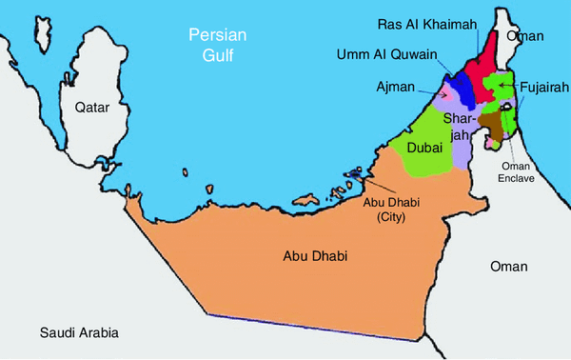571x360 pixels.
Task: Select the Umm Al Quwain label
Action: (386, 55)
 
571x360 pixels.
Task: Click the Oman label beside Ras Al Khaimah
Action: (524, 36)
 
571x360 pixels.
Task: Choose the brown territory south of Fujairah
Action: (492, 124)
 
